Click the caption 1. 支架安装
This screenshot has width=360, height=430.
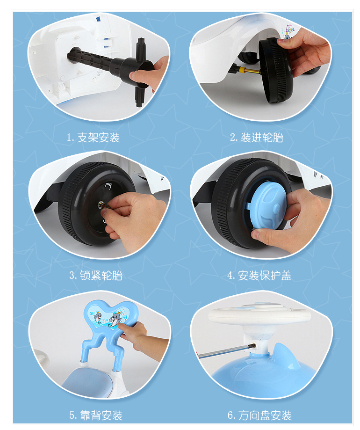93,138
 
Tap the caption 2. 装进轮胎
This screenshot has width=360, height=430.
256,138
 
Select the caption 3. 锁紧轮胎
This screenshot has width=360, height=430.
96,275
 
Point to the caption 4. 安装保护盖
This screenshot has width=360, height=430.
259,275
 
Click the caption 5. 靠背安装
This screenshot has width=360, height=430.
96,415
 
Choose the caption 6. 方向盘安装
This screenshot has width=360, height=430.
259,415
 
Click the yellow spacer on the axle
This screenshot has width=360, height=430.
243,70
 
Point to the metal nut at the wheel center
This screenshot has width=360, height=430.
101,204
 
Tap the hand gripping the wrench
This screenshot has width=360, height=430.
149,74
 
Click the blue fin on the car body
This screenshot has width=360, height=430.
286,357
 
